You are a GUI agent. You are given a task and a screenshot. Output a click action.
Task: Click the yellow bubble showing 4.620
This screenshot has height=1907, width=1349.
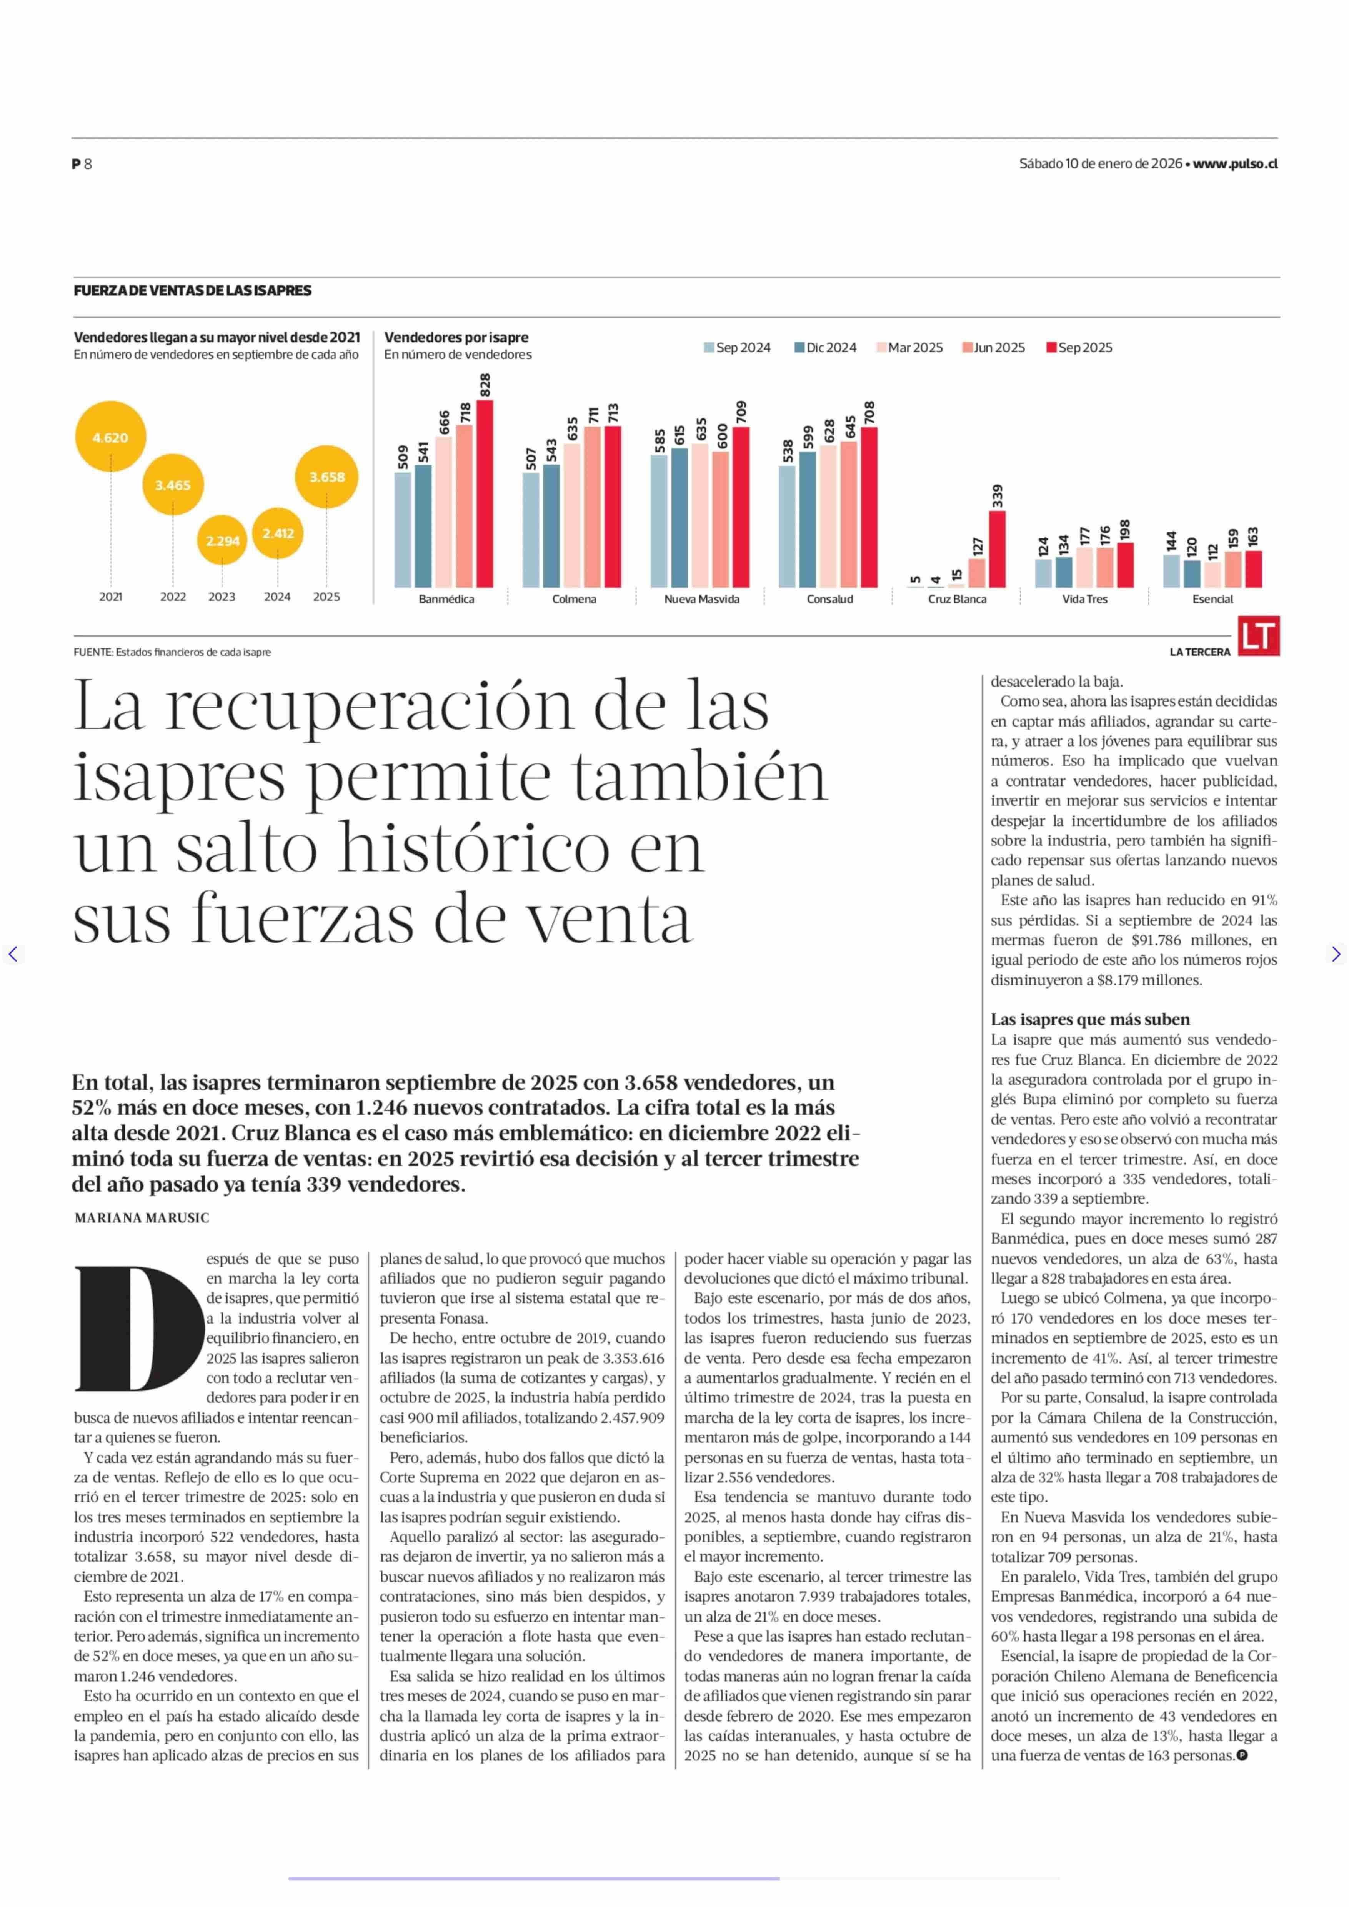(x=110, y=437)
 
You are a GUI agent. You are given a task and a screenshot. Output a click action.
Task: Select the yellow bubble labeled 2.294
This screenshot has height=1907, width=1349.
(x=223, y=540)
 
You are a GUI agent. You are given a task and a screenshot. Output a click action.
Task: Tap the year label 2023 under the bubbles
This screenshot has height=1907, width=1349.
(x=222, y=597)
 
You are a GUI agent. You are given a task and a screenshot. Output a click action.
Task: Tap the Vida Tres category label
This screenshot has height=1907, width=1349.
(x=1085, y=599)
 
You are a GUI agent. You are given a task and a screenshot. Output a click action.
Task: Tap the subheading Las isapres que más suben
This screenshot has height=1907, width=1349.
(x=1090, y=1020)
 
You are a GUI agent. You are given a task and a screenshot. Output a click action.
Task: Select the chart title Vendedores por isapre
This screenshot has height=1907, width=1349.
(x=456, y=337)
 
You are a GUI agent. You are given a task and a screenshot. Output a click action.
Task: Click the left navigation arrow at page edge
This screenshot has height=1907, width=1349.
(x=12, y=954)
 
